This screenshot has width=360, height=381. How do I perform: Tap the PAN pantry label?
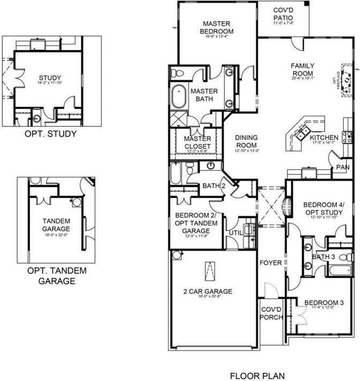(343, 168)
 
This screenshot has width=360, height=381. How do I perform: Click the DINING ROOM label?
(246, 141)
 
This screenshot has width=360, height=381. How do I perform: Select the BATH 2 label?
(213, 186)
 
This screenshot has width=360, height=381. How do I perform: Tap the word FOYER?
(271, 263)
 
